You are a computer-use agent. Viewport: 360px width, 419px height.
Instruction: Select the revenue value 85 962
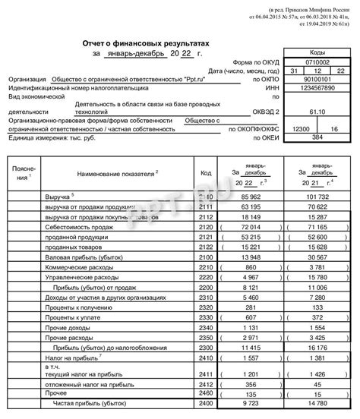[x=250, y=196]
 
